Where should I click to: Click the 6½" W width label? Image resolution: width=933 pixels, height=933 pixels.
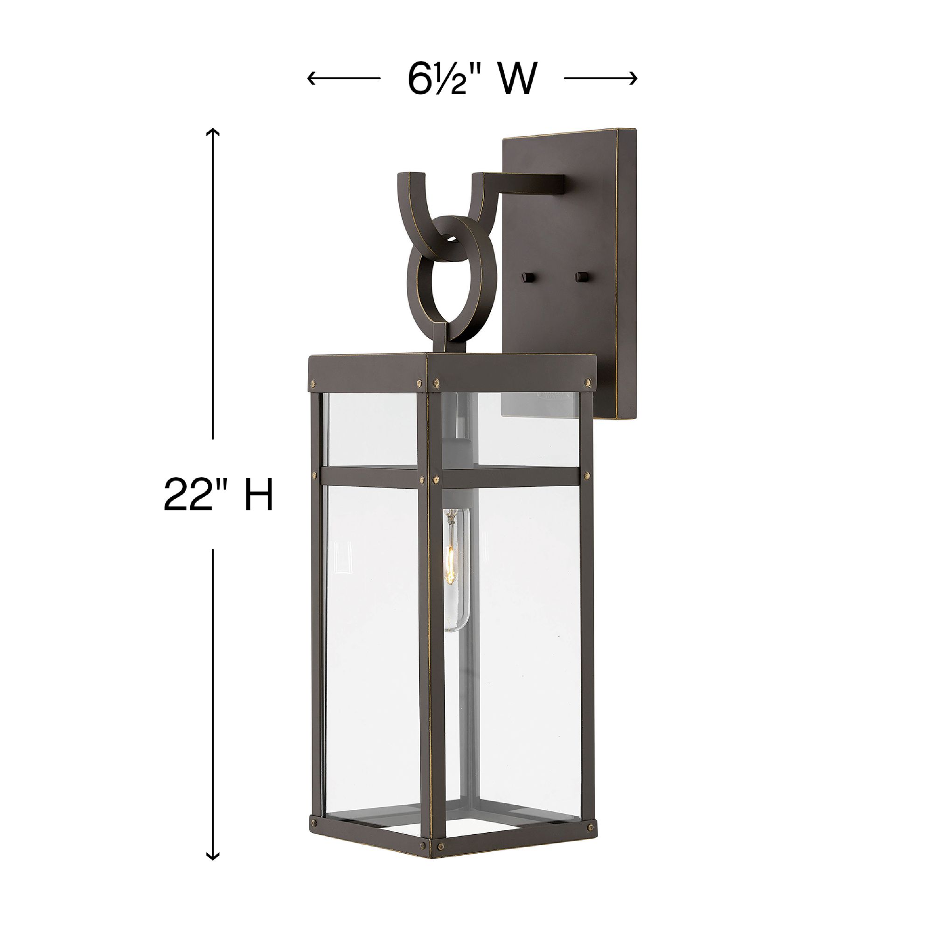click(472, 78)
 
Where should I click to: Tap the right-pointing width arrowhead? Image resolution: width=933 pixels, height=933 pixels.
click(634, 78)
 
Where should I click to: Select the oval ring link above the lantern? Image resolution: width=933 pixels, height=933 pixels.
click(444, 275)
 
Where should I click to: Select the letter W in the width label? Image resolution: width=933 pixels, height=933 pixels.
click(518, 78)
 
